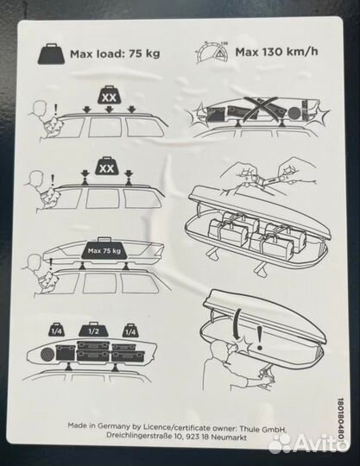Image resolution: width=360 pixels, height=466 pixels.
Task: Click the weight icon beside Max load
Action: point(52,54)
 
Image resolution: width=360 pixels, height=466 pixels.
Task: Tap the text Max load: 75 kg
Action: point(115,54)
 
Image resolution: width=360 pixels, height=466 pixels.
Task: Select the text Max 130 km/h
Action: point(276,52)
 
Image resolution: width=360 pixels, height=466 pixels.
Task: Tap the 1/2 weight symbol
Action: point(93,330)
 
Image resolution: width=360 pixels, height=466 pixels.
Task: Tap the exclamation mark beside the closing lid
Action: point(261,338)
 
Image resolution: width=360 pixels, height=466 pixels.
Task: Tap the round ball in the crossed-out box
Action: point(295,114)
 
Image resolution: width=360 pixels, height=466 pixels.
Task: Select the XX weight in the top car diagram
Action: point(110,96)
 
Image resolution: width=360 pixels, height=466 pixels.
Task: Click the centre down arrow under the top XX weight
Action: point(109,110)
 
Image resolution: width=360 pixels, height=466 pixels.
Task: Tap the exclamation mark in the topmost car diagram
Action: point(55,110)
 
